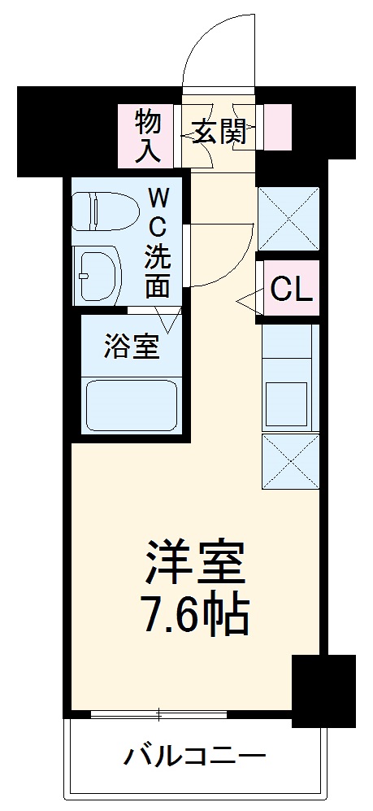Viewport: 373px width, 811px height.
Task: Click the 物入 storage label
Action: click(x=148, y=134)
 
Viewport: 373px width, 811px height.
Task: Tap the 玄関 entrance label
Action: click(x=219, y=131)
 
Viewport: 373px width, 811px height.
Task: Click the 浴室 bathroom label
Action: click(x=130, y=347)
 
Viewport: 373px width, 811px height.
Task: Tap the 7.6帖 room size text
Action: click(x=195, y=618)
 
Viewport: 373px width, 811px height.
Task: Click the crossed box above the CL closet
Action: click(x=287, y=218)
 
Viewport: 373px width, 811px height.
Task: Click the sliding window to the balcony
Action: click(x=158, y=715)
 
